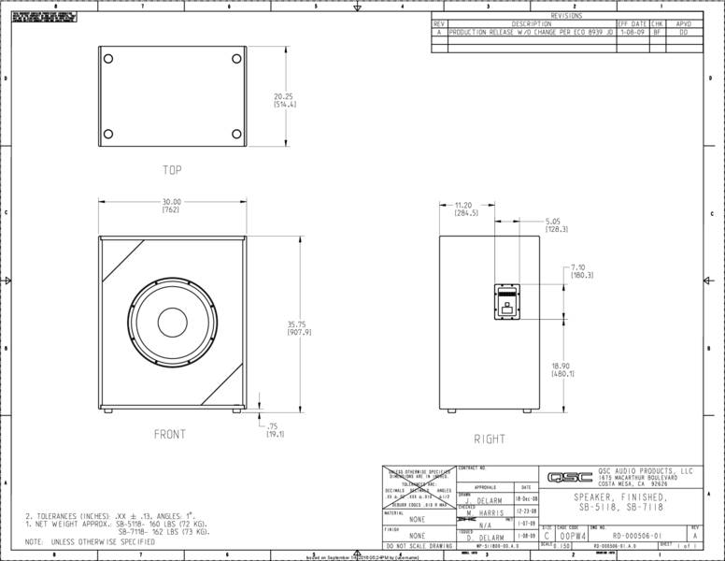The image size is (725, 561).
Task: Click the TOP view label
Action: pos(172,170)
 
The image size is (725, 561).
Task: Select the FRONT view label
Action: pos(170,434)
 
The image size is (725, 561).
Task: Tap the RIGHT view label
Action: pos(490,439)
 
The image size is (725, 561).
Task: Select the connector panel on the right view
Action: pos(505,302)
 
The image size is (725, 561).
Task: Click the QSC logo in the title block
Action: pos(571,476)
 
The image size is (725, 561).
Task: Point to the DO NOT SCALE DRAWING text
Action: pos(419,544)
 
